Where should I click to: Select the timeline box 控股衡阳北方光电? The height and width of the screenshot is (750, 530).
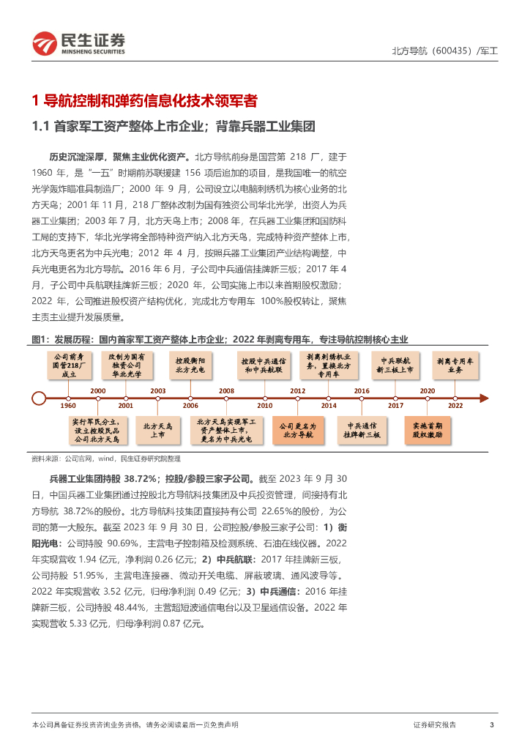click(190, 364)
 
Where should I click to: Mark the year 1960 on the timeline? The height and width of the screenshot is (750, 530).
click(68, 405)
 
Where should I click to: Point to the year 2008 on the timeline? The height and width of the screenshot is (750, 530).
click(226, 391)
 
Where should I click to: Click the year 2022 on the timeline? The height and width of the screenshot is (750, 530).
click(455, 405)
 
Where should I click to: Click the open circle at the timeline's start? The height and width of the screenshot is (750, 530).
click(40, 398)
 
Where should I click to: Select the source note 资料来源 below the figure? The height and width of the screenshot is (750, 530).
click(106, 458)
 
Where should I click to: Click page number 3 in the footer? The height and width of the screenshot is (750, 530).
click(492, 724)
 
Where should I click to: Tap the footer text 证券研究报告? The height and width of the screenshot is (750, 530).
click(434, 724)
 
